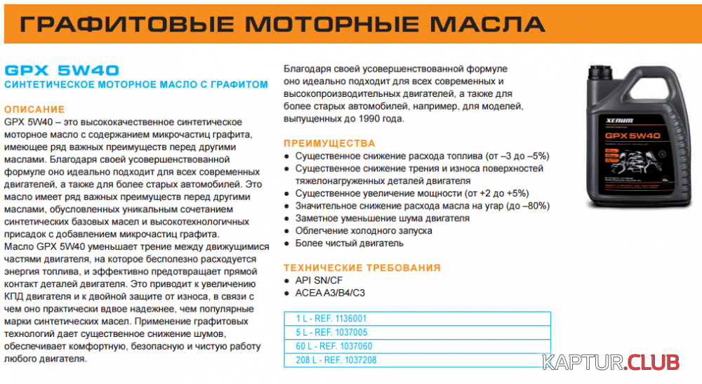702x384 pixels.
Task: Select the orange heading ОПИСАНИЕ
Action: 34,110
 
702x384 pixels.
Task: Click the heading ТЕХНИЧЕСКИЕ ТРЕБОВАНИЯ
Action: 362,267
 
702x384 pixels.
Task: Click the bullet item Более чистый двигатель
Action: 349,244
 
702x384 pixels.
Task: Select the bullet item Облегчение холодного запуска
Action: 364,231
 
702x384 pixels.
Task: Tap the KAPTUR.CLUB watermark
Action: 611,362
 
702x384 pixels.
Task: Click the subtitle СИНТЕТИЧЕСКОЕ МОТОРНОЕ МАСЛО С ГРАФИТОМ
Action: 136,84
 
